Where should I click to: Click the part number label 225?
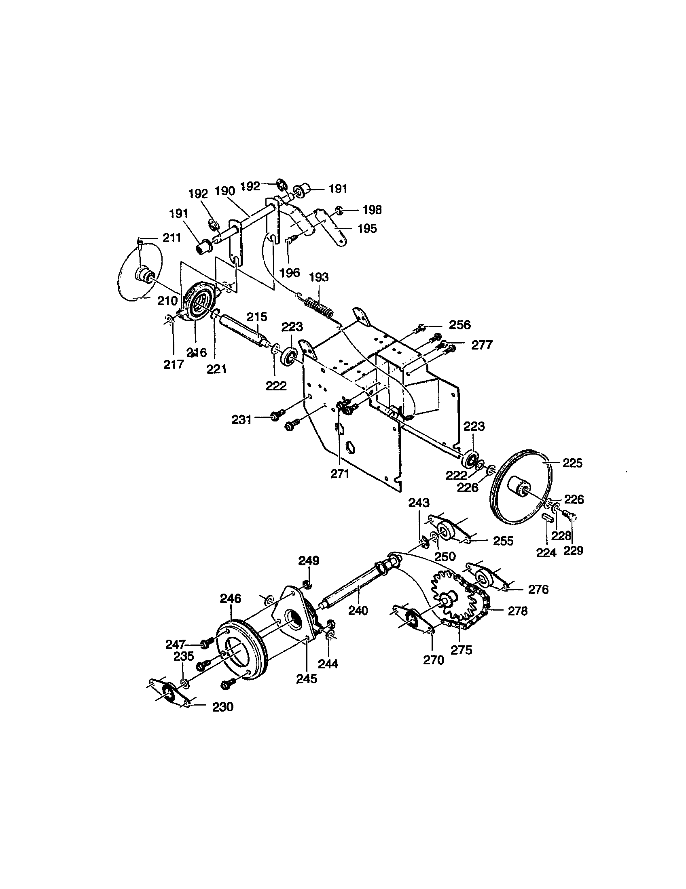(x=572, y=463)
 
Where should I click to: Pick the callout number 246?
(x=231, y=598)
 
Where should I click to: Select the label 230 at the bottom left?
(x=223, y=707)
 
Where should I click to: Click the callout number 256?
(x=459, y=325)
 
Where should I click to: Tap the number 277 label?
(x=482, y=345)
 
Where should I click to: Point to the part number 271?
(x=339, y=474)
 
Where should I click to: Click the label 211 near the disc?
(x=171, y=238)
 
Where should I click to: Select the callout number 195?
(x=367, y=229)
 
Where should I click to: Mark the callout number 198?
(x=372, y=210)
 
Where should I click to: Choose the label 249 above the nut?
(x=309, y=561)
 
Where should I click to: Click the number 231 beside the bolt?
(x=242, y=419)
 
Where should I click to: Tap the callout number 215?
(x=256, y=317)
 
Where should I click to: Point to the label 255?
(x=503, y=541)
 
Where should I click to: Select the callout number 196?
(x=290, y=272)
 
